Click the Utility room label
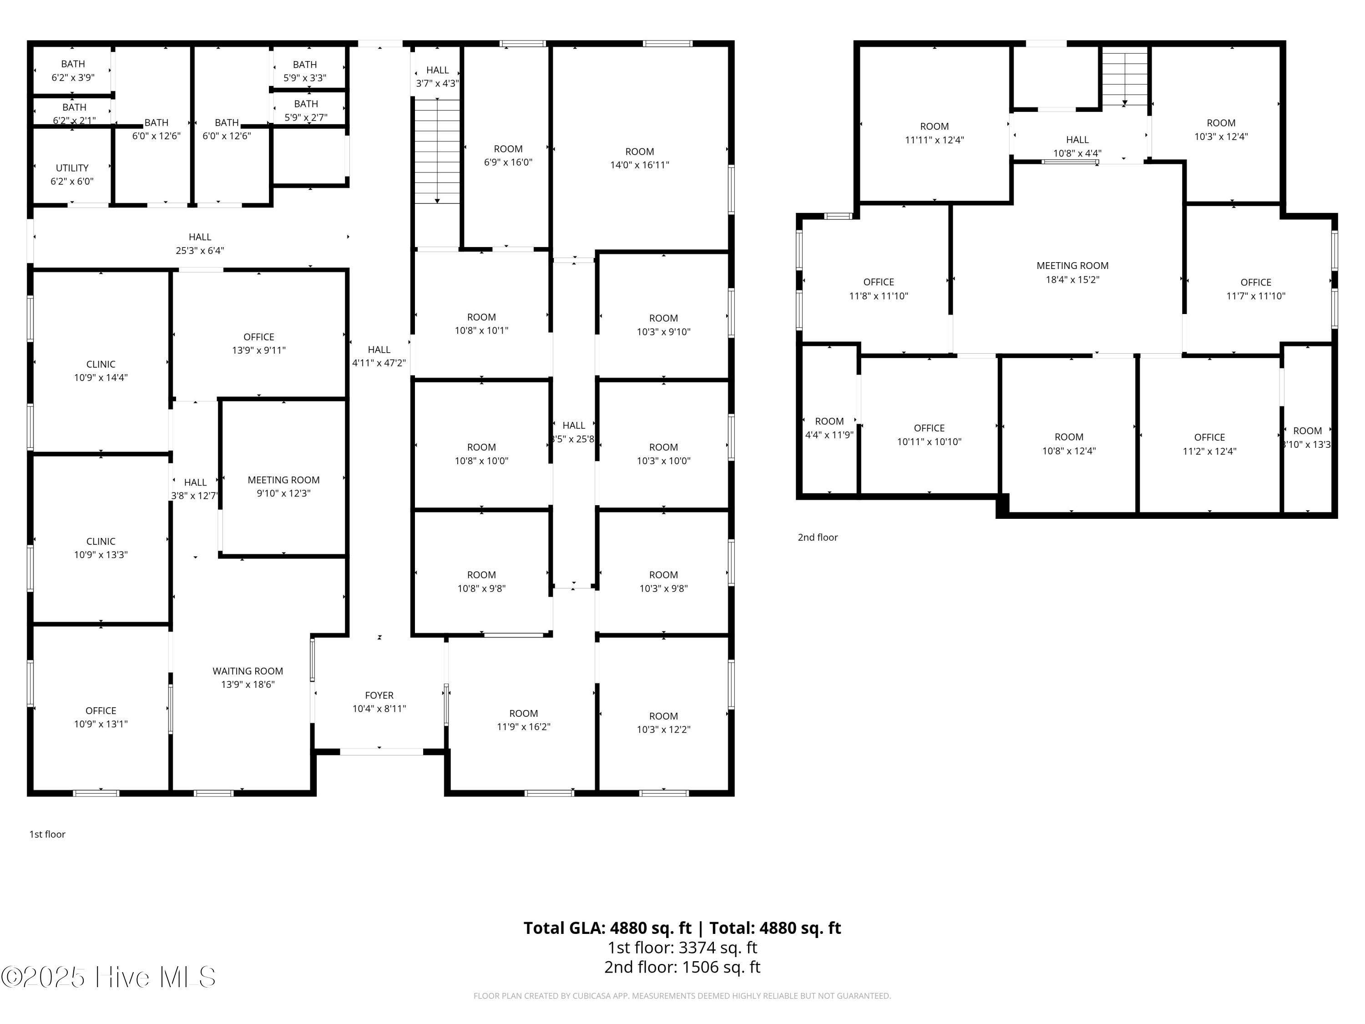click(x=72, y=168)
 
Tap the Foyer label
click(x=379, y=695)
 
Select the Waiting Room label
click(x=248, y=671)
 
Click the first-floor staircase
click(x=437, y=151)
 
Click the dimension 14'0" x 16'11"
click(x=640, y=165)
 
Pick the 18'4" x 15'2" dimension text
click(x=1072, y=279)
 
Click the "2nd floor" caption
click(x=818, y=537)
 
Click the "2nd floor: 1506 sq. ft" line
click(x=682, y=967)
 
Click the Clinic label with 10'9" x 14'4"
click(x=101, y=364)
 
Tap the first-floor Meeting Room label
click(x=284, y=480)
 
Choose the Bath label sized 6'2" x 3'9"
click(x=73, y=64)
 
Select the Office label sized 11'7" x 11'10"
click(x=1256, y=282)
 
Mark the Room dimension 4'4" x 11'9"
click(x=829, y=435)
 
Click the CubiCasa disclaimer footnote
click(x=682, y=996)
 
